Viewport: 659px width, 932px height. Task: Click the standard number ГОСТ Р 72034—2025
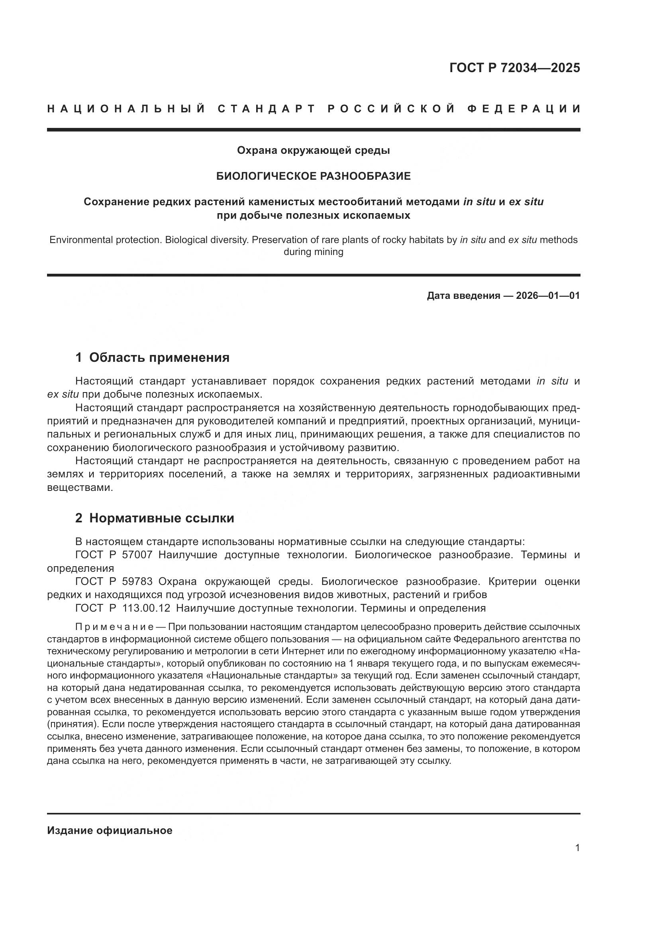tap(514, 68)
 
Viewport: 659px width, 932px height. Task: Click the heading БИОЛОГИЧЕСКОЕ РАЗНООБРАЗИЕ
tap(313, 176)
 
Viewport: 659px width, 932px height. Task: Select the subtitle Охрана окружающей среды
tap(313, 151)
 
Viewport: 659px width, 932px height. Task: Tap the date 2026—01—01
tap(548, 296)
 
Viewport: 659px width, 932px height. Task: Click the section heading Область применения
tap(159, 357)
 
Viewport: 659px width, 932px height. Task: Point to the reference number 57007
tap(137, 555)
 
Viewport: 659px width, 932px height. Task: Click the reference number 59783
tap(137, 582)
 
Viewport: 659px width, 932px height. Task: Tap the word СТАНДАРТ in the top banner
tap(266, 109)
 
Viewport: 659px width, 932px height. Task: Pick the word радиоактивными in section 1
tap(536, 474)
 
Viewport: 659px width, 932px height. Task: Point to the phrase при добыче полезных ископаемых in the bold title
tap(313, 215)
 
